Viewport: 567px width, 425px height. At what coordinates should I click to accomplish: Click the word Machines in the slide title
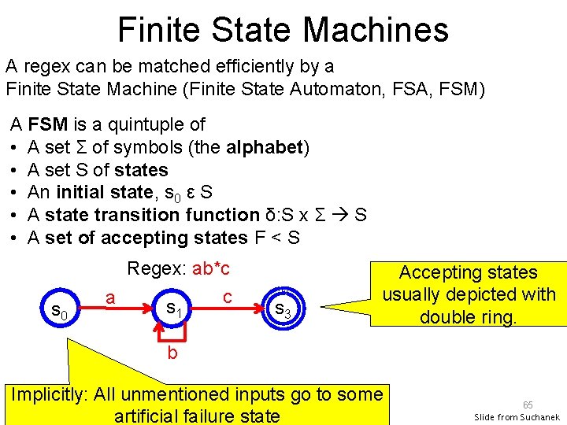376,30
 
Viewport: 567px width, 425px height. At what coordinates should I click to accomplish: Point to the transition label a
111,297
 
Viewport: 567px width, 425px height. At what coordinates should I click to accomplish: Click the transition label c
227,297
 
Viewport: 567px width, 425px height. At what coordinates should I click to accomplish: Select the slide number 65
528,404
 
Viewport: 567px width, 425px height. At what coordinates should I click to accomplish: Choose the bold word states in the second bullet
141,170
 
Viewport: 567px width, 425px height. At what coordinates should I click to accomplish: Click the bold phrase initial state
98,192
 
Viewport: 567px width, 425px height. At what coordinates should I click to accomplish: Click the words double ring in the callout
468,316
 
